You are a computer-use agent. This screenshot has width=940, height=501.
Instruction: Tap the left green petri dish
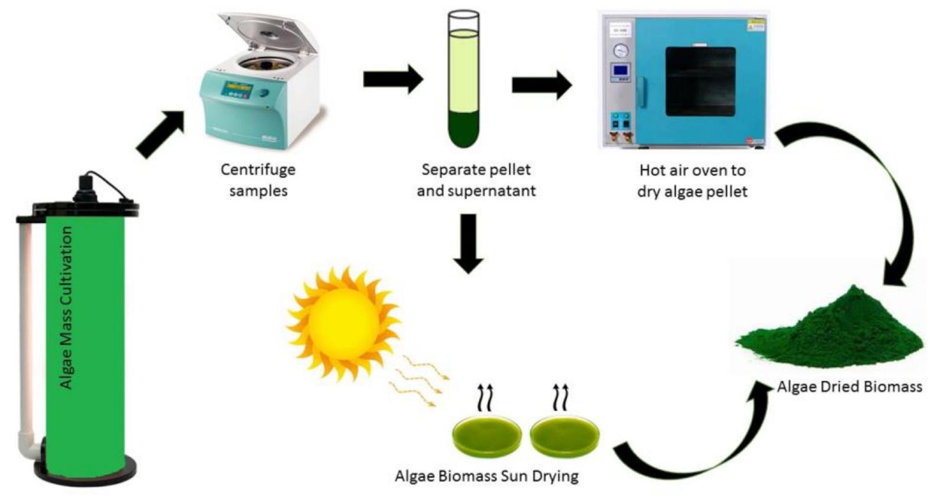pos(487,437)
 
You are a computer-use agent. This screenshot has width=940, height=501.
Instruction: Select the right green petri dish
pos(565,437)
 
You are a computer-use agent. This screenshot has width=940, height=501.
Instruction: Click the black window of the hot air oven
pos(700,81)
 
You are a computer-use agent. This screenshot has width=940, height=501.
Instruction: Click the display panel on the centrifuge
pos(240,91)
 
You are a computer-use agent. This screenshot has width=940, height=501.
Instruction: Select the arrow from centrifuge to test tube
pos(392,79)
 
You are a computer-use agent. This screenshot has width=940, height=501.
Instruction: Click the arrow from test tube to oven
pos(541,85)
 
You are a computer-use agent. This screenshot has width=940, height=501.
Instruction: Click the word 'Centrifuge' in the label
pos(258,170)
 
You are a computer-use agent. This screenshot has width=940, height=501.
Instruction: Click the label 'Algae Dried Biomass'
pos(849,387)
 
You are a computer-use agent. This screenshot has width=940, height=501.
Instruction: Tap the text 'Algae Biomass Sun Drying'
pos(486,476)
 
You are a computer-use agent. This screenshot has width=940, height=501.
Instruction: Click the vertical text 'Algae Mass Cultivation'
pos(67,307)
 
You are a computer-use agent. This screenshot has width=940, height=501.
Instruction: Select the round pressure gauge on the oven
pos(621,50)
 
